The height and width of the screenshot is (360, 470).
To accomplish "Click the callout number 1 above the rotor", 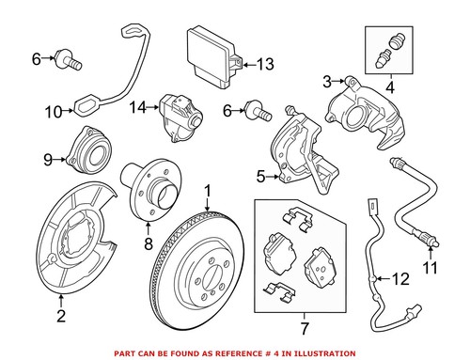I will tap(209, 192).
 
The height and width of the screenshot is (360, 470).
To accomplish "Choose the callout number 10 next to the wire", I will tap(54, 113).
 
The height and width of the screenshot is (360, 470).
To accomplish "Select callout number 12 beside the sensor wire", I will tap(402, 278).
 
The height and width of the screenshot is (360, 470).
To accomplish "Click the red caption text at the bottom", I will tap(234, 352).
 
